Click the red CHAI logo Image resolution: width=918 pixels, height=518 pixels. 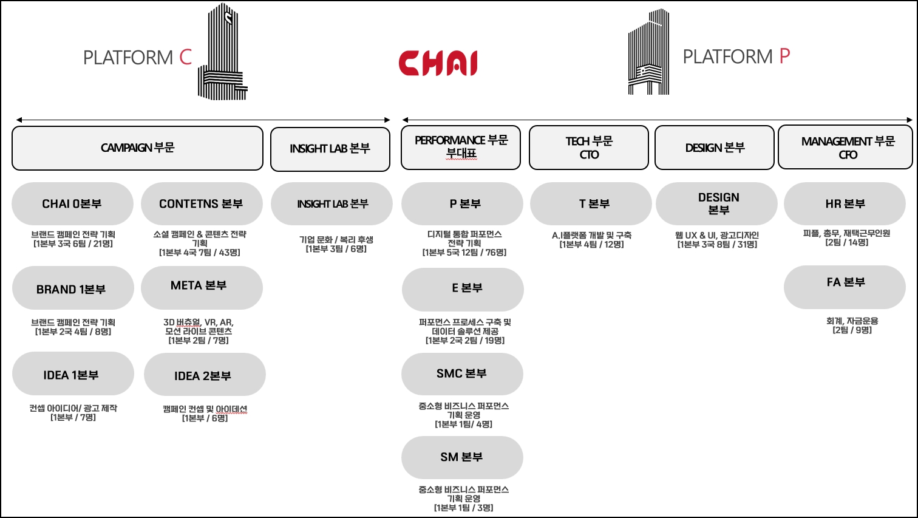click(438, 63)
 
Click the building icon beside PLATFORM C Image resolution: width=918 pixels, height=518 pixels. click(222, 53)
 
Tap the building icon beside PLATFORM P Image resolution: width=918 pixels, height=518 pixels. click(648, 53)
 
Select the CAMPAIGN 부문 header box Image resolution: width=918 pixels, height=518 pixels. click(137, 148)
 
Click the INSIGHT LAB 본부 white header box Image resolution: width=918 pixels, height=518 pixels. click(330, 149)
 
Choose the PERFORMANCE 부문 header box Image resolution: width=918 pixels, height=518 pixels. click(461, 148)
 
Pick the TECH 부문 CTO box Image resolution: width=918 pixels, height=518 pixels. click(589, 148)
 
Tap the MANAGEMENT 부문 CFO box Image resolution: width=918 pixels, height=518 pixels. click(845, 148)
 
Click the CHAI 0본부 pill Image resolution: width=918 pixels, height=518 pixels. click(72, 204)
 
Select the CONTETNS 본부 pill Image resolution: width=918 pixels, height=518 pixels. click(202, 204)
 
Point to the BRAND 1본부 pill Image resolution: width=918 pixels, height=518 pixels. click(72, 289)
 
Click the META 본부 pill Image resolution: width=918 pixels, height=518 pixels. click(202, 286)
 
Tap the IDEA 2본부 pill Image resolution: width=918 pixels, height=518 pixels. click(204, 376)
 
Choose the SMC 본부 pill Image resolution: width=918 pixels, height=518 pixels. click(462, 374)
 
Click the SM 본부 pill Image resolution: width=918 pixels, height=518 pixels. click(462, 457)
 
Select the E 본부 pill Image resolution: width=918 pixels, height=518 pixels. click(463, 288)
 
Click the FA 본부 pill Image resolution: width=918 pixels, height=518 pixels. click(845, 283)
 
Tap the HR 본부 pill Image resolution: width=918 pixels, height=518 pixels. click(845, 204)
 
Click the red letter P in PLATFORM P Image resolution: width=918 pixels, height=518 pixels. click(784, 56)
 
